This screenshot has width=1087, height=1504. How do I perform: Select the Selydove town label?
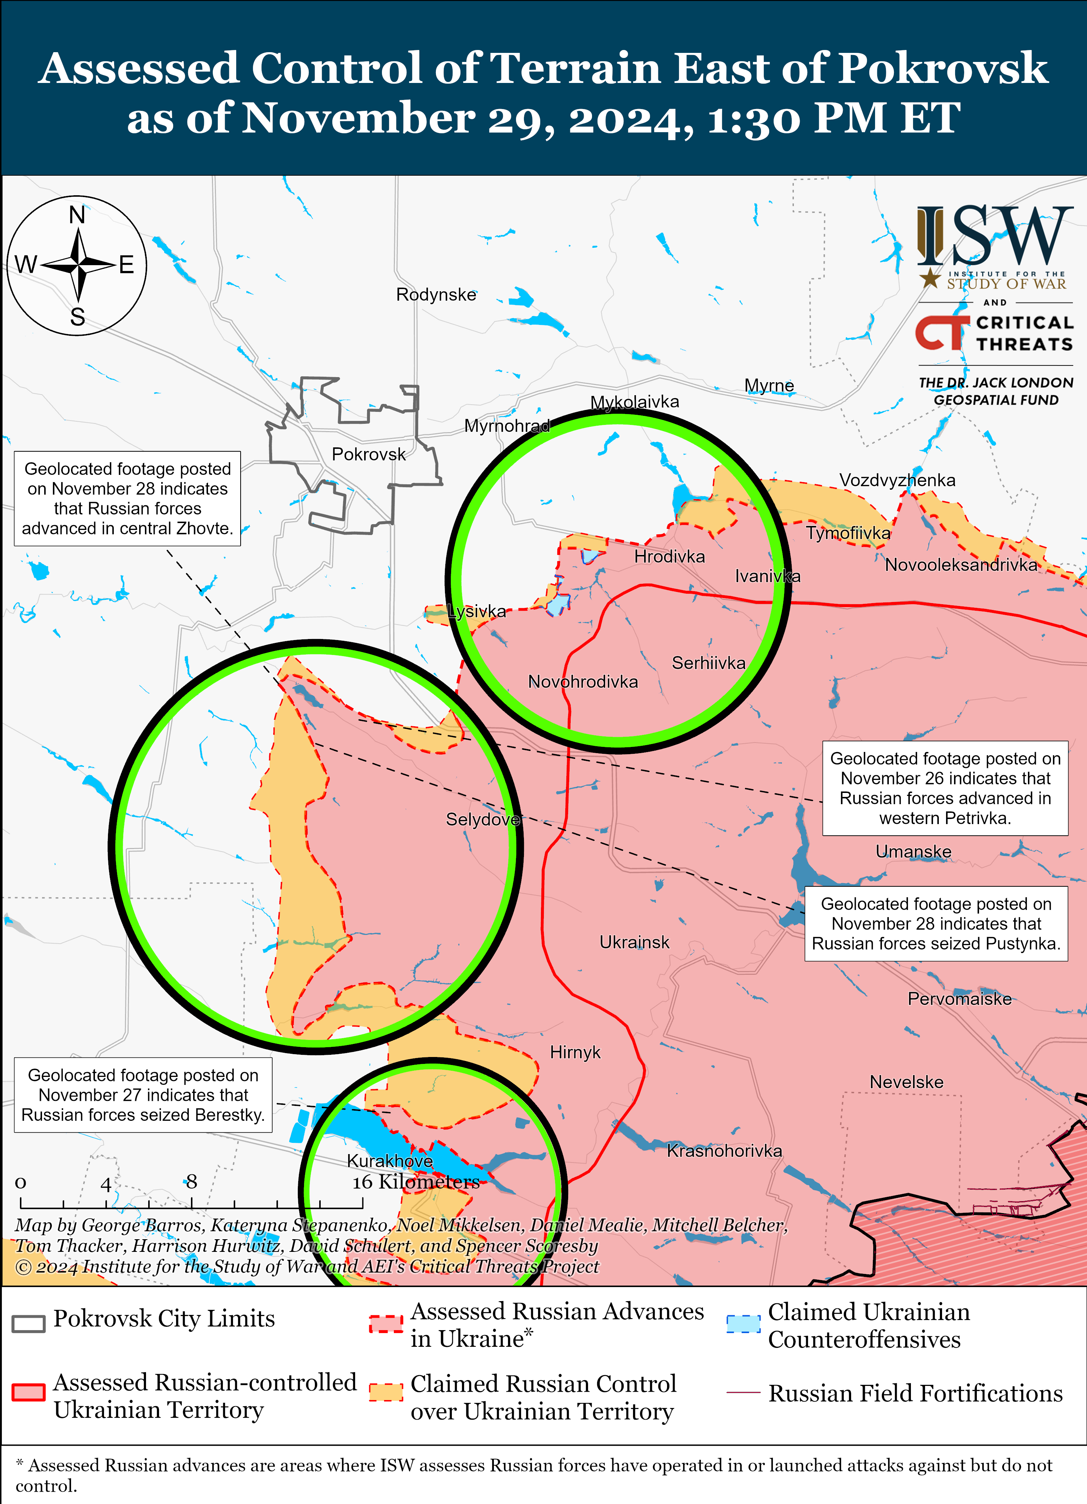click(482, 820)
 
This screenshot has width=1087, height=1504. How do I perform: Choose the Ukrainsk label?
click(634, 942)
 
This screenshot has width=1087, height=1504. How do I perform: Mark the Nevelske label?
click(906, 1082)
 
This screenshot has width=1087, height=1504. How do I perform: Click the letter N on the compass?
click(77, 216)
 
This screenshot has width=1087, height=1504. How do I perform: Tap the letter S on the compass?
click(78, 317)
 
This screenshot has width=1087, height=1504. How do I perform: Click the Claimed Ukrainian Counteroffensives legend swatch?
click(743, 1324)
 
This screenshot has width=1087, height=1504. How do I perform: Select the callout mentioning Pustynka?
click(936, 924)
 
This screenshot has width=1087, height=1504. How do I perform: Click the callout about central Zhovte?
click(127, 499)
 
